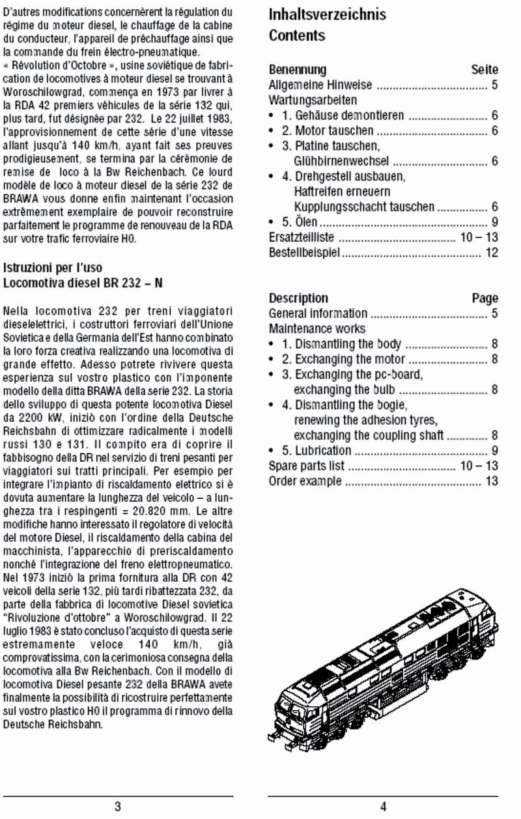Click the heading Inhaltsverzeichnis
[x=327, y=14]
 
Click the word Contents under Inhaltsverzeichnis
[x=297, y=36]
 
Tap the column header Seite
[x=485, y=70]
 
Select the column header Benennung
[x=298, y=70]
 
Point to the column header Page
[x=485, y=298]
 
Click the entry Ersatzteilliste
[x=302, y=238]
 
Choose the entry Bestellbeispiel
[x=304, y=253]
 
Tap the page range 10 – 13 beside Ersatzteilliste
[x=479, y=238]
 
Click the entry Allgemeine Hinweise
[x=320, y=85]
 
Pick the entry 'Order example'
[x=305, y=481]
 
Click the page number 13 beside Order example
[x=492, y=481]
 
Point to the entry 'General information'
[x=318, y=313]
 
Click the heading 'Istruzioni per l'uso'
[x=53, y=268]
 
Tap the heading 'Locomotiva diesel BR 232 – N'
[x=83, y=283]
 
